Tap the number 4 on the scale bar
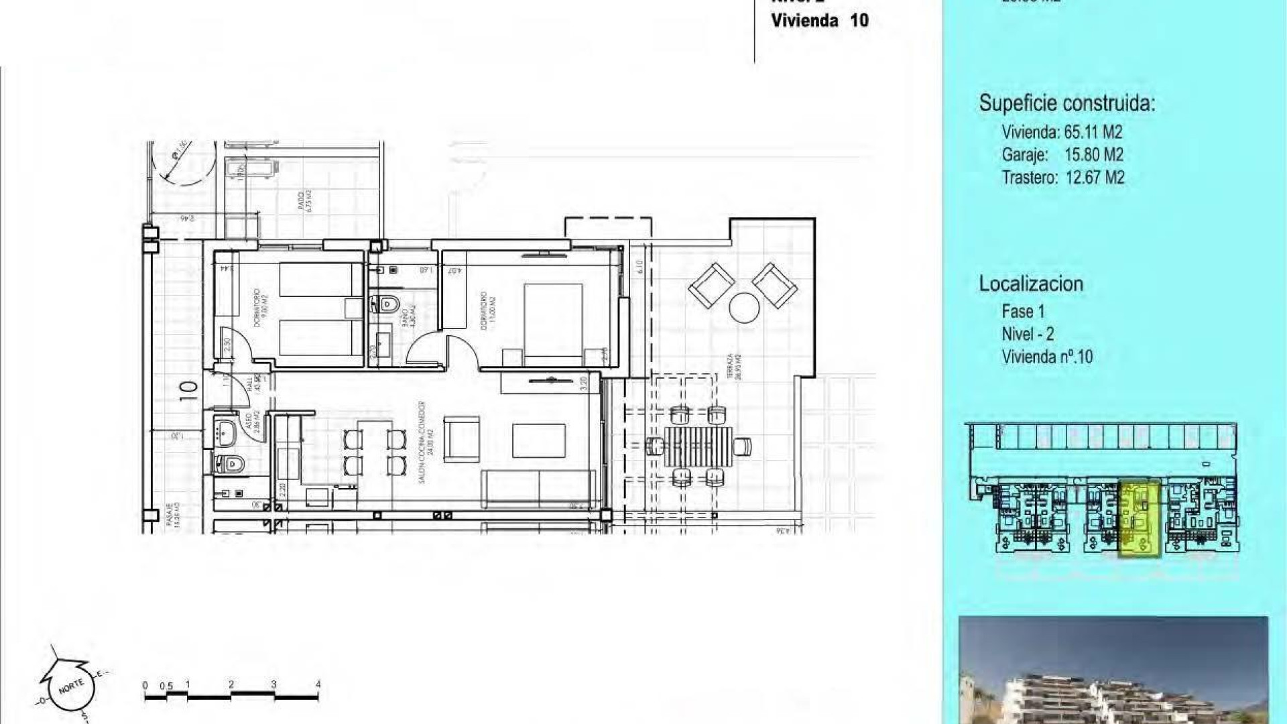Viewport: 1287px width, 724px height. point(318,684)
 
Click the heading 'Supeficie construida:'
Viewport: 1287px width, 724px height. point(1066,103)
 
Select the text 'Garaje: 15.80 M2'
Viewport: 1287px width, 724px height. point(1062,155)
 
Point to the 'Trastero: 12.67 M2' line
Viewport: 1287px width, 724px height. point(1062,178)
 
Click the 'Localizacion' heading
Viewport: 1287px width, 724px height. point(1031,284)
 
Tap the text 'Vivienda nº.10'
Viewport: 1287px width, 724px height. point(1046,357)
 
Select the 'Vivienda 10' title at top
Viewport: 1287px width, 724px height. point(819,20)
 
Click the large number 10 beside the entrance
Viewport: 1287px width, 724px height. point(190,391)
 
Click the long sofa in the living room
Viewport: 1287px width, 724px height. point(538,488)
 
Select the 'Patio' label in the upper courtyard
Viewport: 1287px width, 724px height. point(304,201)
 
